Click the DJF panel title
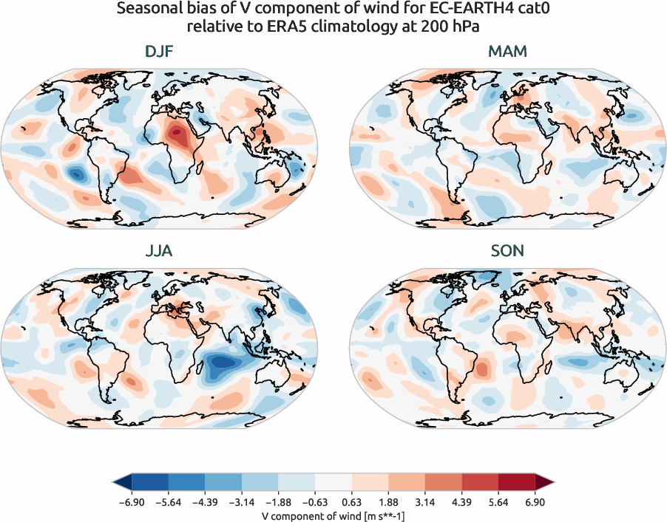click(159, 52)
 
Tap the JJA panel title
click(159, 250)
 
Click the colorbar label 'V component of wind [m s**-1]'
click(333, 515)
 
